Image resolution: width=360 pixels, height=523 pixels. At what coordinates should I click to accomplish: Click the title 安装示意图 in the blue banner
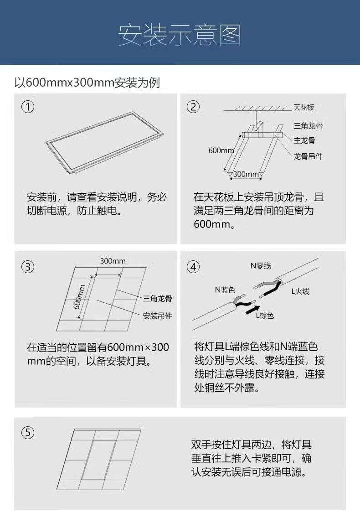(180, 35)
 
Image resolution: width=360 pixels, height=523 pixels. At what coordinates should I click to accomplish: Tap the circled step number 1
(28, 107)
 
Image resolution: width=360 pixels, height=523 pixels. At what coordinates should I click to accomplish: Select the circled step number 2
(193, 107)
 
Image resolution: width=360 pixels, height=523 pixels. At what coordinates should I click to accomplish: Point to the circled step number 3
(28, 267)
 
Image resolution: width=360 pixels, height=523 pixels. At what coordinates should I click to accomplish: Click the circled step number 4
(193, 267)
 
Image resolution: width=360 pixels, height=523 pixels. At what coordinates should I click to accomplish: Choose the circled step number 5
(28, 433)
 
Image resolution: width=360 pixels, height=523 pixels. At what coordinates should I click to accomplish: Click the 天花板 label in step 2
(303, 107)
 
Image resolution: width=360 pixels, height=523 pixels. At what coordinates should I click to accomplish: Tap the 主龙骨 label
(304, 140)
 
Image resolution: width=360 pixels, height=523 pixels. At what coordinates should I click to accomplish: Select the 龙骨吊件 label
(308, 156)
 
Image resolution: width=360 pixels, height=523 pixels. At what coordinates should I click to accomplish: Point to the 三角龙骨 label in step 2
(308, 126)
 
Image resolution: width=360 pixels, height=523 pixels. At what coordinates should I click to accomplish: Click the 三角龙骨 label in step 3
(157, 299)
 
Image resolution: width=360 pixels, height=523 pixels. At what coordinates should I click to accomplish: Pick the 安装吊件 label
(157, 316)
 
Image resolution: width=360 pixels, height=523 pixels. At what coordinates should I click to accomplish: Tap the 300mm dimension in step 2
(246, 174)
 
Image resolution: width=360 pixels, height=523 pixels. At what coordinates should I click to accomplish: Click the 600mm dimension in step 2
(221, 150)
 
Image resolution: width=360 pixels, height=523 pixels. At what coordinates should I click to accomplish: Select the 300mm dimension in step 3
(113, 261)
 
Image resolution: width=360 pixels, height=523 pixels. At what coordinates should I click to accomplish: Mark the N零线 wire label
(261, 266)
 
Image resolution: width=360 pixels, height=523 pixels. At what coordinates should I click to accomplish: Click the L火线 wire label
(300, 291)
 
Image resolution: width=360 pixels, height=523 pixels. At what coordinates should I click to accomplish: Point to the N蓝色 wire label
(225, 290)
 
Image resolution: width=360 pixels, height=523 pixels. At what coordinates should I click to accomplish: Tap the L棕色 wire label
(265, 315)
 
